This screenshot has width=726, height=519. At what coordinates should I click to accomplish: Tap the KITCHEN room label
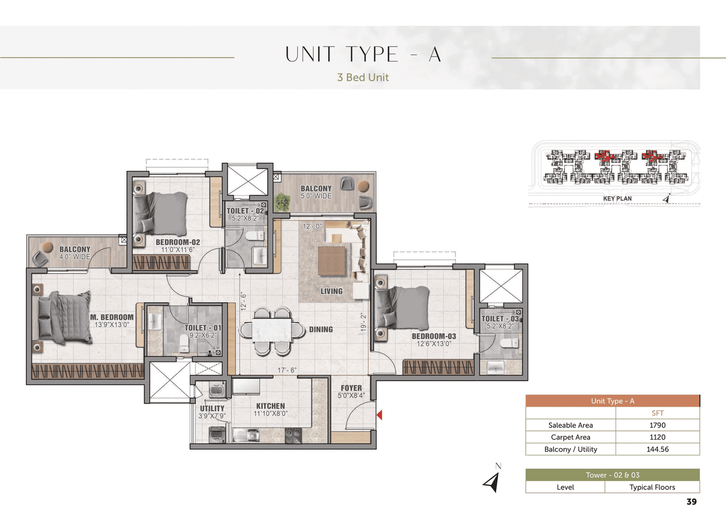(x=271, y=406)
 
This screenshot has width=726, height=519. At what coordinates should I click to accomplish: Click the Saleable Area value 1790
(x=658, y=425)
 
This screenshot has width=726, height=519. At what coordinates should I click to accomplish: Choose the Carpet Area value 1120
(x=658, y=437)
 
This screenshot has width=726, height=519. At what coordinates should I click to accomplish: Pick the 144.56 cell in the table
(x=658, y=449)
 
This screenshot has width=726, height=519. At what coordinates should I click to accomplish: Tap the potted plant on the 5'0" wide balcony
(x=281, y=201)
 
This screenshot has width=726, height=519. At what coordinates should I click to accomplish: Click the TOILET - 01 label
(x=202, y=328)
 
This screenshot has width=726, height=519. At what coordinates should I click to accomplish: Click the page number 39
(x=691, y=502)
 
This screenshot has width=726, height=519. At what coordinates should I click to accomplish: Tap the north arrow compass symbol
(x=491, y=480)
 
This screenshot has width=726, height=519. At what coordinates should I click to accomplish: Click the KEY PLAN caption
(x=617, y=199)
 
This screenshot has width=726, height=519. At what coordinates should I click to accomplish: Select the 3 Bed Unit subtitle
(x=363, y=77)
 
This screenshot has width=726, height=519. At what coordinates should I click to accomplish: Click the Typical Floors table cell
(x=652, y=487)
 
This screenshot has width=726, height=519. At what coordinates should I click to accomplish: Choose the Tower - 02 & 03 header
(x=613, y=475)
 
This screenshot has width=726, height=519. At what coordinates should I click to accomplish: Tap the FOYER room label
(x=352, y=388)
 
